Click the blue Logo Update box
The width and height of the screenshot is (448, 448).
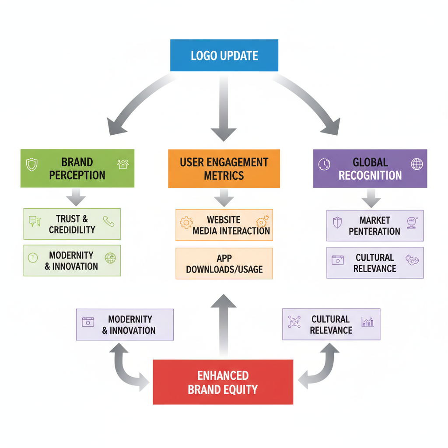coord(224,55)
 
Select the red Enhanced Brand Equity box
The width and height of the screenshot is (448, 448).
coord(223,382)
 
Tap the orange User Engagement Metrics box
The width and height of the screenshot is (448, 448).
coord(224,169)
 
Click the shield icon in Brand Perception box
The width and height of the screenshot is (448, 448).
coord(32,164)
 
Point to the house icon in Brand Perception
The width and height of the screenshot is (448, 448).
coord(123,164)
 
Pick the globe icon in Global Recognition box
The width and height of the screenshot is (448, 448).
coord(416,164)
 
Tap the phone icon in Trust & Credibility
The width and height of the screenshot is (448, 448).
coord(108,221)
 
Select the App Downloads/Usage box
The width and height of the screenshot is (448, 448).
coord(224,263)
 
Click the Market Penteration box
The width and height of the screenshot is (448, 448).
coord(374,225)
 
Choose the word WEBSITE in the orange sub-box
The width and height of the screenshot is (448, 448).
coord(224,220)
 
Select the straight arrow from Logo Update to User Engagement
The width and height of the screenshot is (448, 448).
coord(224,109)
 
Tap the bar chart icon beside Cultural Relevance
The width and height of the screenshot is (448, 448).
coord(367,322)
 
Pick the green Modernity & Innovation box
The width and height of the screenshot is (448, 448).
coord(72,260)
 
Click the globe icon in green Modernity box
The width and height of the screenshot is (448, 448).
coord(110,258)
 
